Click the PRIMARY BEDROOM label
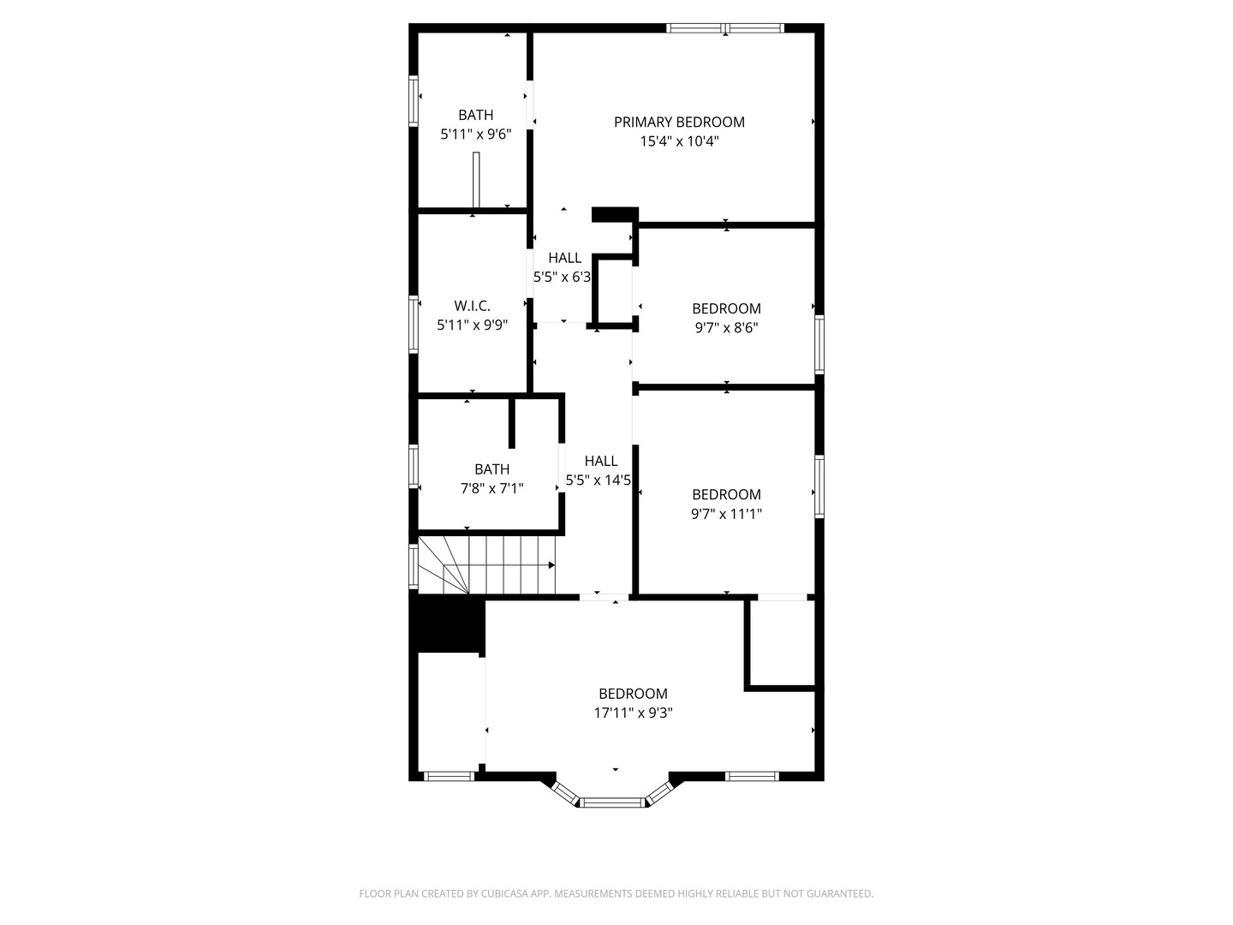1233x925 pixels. point(679,122)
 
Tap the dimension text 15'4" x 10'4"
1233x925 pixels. point(679,141)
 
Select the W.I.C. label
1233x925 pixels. point(472,306)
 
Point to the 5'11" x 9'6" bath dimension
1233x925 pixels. point(475,134)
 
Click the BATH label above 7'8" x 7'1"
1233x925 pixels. point(491,469)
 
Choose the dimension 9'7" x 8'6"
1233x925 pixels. point(726,327)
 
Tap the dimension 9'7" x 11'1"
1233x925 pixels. point(726,514)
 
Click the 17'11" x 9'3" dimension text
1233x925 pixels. point(633,713)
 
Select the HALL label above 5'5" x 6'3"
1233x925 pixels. point(564,258)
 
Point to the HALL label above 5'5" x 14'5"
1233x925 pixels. point(600,462)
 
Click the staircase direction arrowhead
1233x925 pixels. point(551,564)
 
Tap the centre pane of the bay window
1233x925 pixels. point(611,803)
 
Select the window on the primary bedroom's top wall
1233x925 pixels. point(725,28)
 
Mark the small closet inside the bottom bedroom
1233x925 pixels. point(781,643)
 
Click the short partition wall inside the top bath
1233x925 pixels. point(476,180)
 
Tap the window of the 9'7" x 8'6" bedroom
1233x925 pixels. point(819,344)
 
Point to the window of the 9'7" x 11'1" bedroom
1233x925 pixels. point(819,486)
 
